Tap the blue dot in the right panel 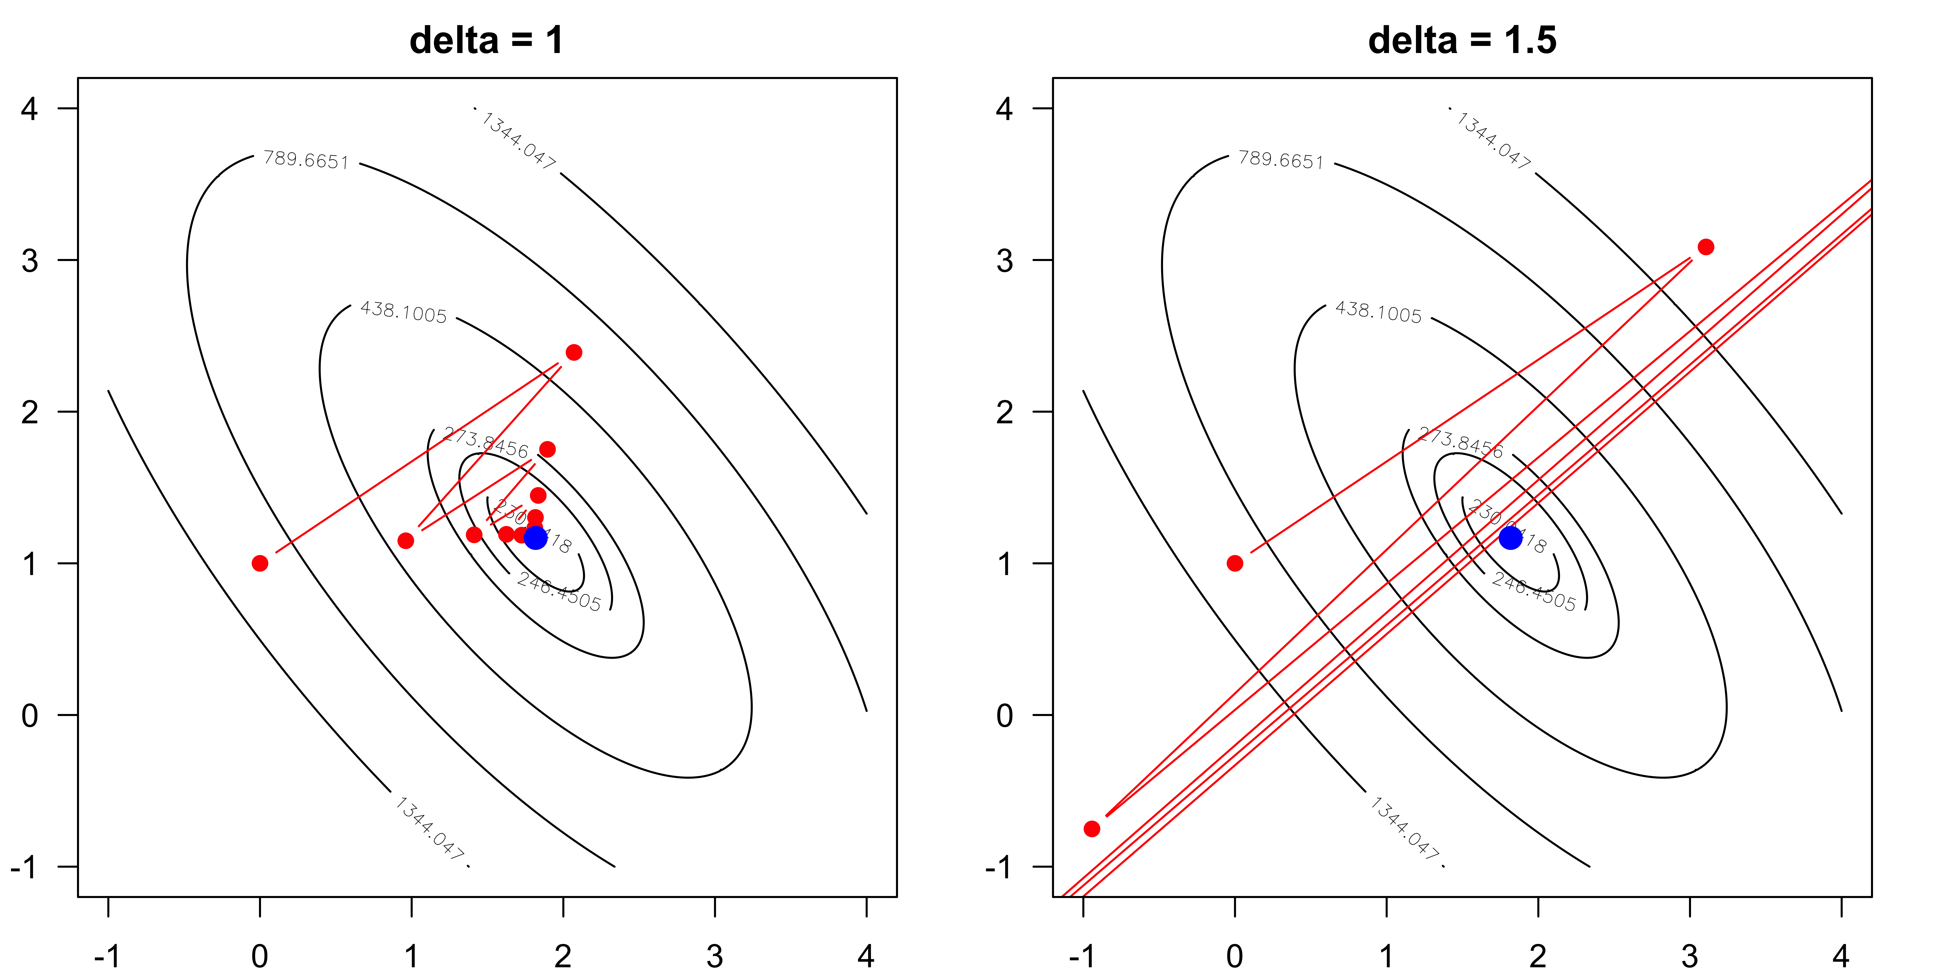point(1510,538)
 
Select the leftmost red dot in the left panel point(260,563)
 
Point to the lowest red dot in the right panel point(1092,829)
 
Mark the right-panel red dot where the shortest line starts point(1235,563)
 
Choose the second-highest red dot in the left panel point(547,450)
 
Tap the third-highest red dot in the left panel point(538,496)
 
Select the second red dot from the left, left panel point(406,541)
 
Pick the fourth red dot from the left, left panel point(506,534)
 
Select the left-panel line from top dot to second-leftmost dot point(490,447)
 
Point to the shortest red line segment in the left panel point(522,515)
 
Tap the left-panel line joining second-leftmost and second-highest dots point(477,495)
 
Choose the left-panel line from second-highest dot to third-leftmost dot point(511,492)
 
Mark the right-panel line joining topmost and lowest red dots point(1399,537)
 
